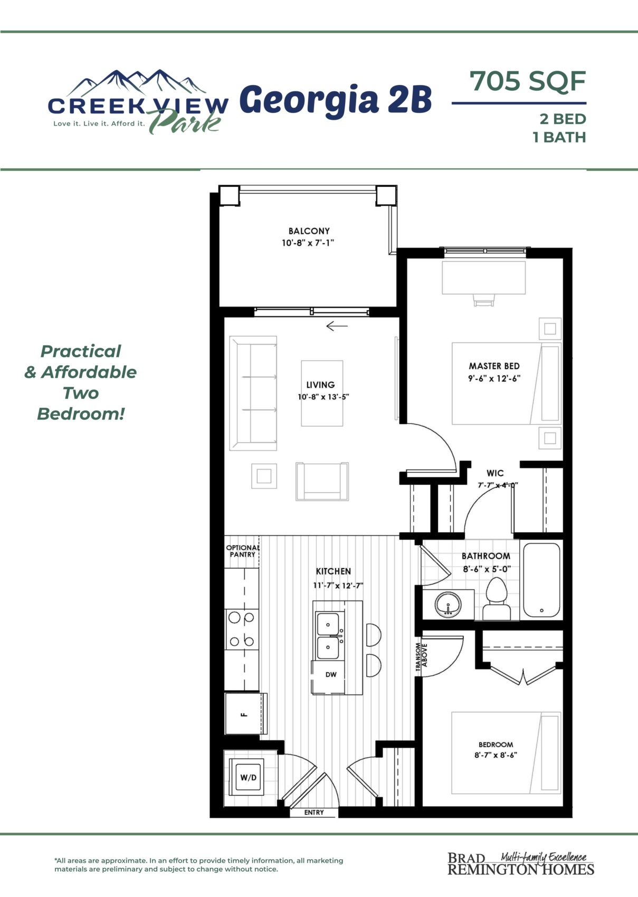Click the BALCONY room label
(309, 231)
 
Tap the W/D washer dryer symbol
(249, 777)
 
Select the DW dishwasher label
(331, 675)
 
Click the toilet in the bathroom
(497, 599)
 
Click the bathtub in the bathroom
(541, 580)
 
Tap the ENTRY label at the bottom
(314, 813)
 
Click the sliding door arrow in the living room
(337, 326)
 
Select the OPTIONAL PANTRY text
(243, 551)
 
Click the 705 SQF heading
(528, 81)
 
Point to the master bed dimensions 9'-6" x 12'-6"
(494, 378)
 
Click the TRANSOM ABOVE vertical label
(421, 657)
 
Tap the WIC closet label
(495, 473)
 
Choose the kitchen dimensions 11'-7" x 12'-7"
(338, 586)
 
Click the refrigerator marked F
(244, 714)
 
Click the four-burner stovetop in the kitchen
(241, 629)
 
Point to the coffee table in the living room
(322, 393)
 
